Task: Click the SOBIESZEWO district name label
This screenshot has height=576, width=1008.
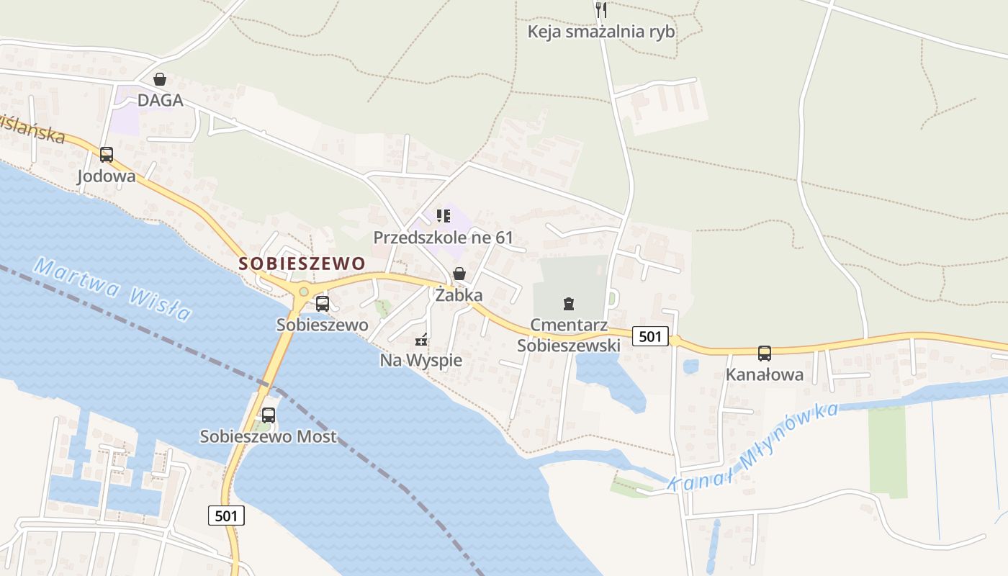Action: click(302, 264)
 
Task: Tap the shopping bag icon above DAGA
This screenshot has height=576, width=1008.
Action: click(160, 79)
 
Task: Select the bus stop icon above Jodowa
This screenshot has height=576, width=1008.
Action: click(107, 154)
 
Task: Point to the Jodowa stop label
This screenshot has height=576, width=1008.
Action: click(107, 176)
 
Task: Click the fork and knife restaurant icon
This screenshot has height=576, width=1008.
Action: click(602, 10)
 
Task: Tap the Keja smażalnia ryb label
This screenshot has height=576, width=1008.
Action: click(601, 32)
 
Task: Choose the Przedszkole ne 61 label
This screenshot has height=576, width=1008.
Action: click(444, 238)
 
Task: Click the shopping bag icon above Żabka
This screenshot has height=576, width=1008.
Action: click(459, 274)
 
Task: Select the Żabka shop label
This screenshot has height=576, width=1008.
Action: click(459, 295)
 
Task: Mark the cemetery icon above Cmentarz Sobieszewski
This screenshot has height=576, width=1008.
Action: click(569, 303)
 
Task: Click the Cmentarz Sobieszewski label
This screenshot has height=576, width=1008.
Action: click(569, 335)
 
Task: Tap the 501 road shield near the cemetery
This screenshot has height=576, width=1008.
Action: click(649, 336)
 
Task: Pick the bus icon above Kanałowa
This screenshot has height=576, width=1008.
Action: click(765, 354)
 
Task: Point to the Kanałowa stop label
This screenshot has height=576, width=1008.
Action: click(765, 375)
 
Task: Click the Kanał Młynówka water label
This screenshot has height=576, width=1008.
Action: click(752, 448)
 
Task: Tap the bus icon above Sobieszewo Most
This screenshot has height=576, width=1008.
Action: click(269, 415)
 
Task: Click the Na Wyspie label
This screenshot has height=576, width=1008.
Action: click(421, 360)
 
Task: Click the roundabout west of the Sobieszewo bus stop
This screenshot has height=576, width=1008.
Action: click(303, 291)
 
